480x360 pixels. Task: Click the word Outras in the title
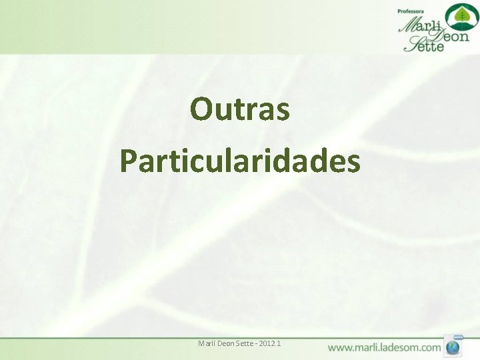point(240,109)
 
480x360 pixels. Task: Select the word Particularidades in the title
point(240,161)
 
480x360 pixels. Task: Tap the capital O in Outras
point(201,109)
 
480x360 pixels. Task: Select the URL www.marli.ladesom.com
point(384,347)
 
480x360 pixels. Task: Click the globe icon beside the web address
point(454,347)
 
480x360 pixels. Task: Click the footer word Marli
point(207,343)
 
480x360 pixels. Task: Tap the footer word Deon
point(228,343)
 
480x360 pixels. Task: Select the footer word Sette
point(247,343)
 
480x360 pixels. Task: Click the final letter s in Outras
point(283,111)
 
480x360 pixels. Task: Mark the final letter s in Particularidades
point(353,163)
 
